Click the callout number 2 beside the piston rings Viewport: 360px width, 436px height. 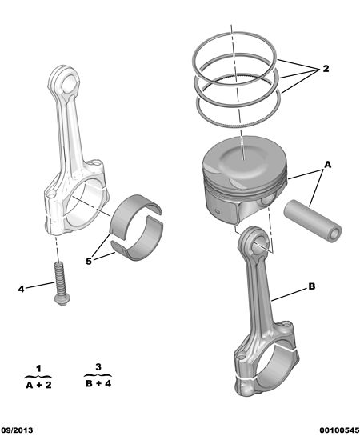click(x=326, y=69)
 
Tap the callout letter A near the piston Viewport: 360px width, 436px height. click(x=328, y=165)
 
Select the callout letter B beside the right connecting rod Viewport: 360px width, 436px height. click(x=312, y=286)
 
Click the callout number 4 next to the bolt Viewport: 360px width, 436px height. click(x=21, y=289)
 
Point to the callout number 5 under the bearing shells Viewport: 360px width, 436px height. click(x=89, y=262)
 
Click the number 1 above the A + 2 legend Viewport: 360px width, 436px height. click(x=38, y=369)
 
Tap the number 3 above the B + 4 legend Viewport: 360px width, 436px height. click(x=98, y=367)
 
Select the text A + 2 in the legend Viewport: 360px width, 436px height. click(x=38, y=385)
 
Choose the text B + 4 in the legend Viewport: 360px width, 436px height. click(x=98, y=383)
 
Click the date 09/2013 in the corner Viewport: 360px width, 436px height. click(x=17, y=430)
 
